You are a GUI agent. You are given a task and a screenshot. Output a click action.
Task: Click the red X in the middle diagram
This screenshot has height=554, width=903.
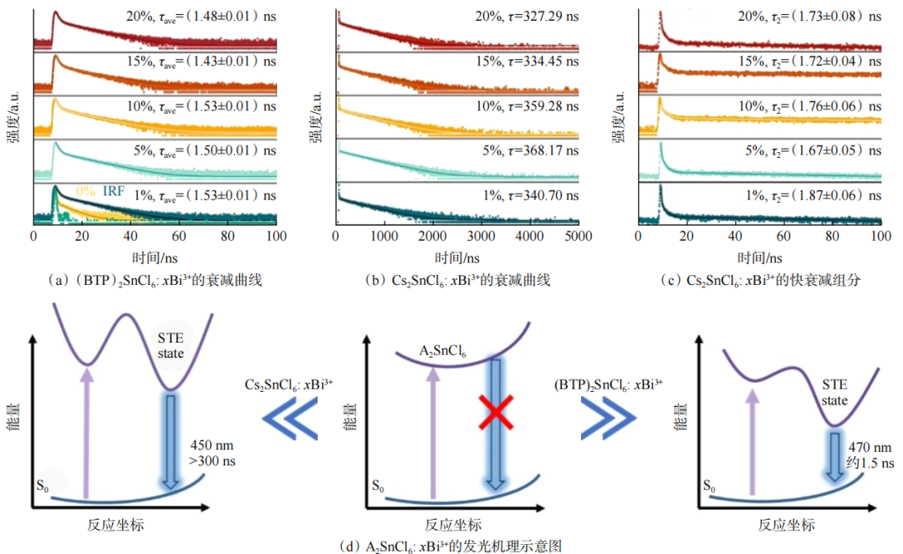pyautogui.click(x=495, y=412)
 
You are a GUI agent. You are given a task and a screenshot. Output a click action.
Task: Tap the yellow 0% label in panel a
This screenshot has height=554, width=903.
pyautogui.click(x=85, y=191)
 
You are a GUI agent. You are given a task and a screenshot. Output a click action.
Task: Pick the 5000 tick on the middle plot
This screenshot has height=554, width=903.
pyautogui.click(x=577, y=237)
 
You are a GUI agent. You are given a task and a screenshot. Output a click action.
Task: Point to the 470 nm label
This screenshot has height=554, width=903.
pyautogui.click(x=866, y=448)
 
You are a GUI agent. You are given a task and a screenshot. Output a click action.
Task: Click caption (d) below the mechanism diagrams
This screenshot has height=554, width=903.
pyautogui.click(x=451, y=546)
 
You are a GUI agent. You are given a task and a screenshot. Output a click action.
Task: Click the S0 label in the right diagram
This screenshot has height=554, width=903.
pyautogui.click(x=707, y=485)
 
